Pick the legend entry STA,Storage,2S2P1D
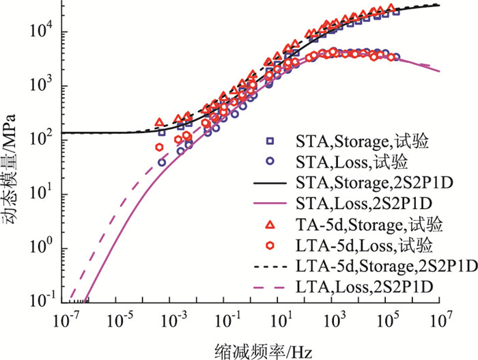(362, 182)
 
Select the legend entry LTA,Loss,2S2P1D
(362, 283)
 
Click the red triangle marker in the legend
(269, 224)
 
